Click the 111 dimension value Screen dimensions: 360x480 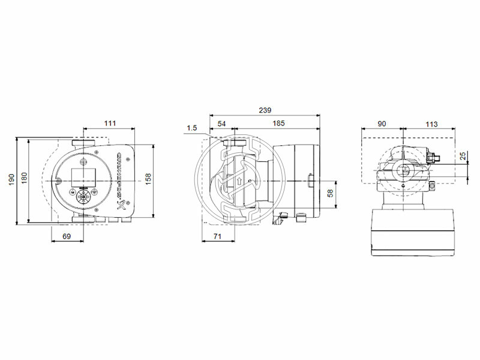[109, 123]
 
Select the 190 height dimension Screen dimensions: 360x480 [12, 179]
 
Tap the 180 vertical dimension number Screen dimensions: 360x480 [25, 179]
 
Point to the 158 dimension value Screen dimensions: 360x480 [148, 179]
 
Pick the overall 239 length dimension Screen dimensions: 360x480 [265, 110]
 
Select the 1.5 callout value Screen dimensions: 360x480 [192, 127]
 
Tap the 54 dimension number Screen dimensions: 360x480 [221, 123]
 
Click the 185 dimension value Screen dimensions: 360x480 [278, 123]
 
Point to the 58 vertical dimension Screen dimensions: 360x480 [329, 193]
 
